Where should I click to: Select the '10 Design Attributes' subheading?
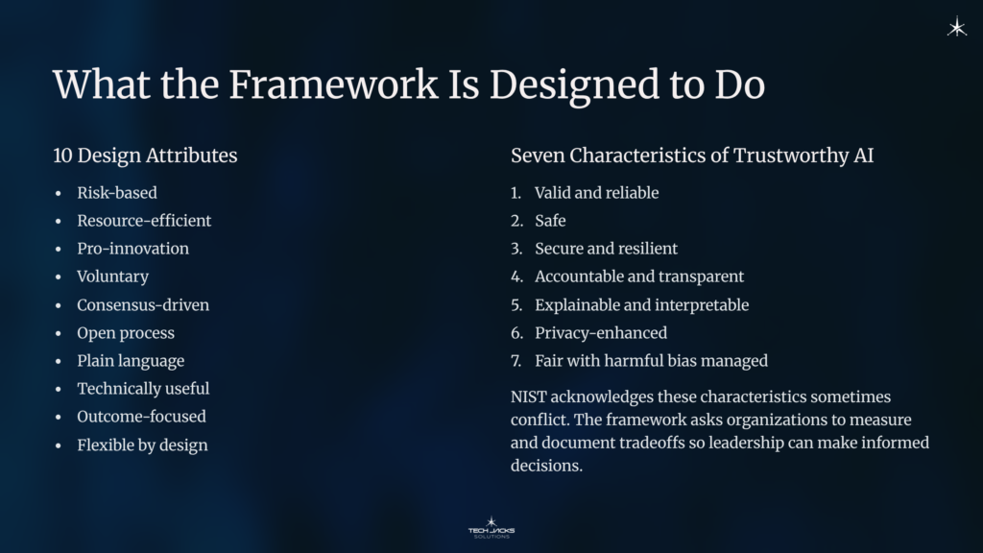point(145,155)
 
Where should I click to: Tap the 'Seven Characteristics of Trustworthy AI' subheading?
point(692,155)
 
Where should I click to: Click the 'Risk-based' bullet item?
point(117,193)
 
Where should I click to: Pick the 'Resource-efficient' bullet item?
point(144,221)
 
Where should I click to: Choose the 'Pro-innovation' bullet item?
point(132,249)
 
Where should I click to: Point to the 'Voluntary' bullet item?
point(112,276)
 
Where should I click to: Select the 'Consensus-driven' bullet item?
point(143,305)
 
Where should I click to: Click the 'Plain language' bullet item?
point(131,361)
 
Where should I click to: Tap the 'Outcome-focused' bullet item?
point(141,417)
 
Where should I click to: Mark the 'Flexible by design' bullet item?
point(142,445)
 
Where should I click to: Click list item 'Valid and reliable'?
point(596,193)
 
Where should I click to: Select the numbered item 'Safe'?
point(550,221)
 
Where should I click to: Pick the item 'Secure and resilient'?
point(606,249)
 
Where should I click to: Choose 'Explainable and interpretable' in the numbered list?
point(641,305)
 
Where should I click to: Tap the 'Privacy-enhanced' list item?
point(600,333)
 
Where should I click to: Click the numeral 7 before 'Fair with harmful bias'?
point(515,361)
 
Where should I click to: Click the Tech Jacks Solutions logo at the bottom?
point(491,527)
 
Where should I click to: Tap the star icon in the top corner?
point(956,28)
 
